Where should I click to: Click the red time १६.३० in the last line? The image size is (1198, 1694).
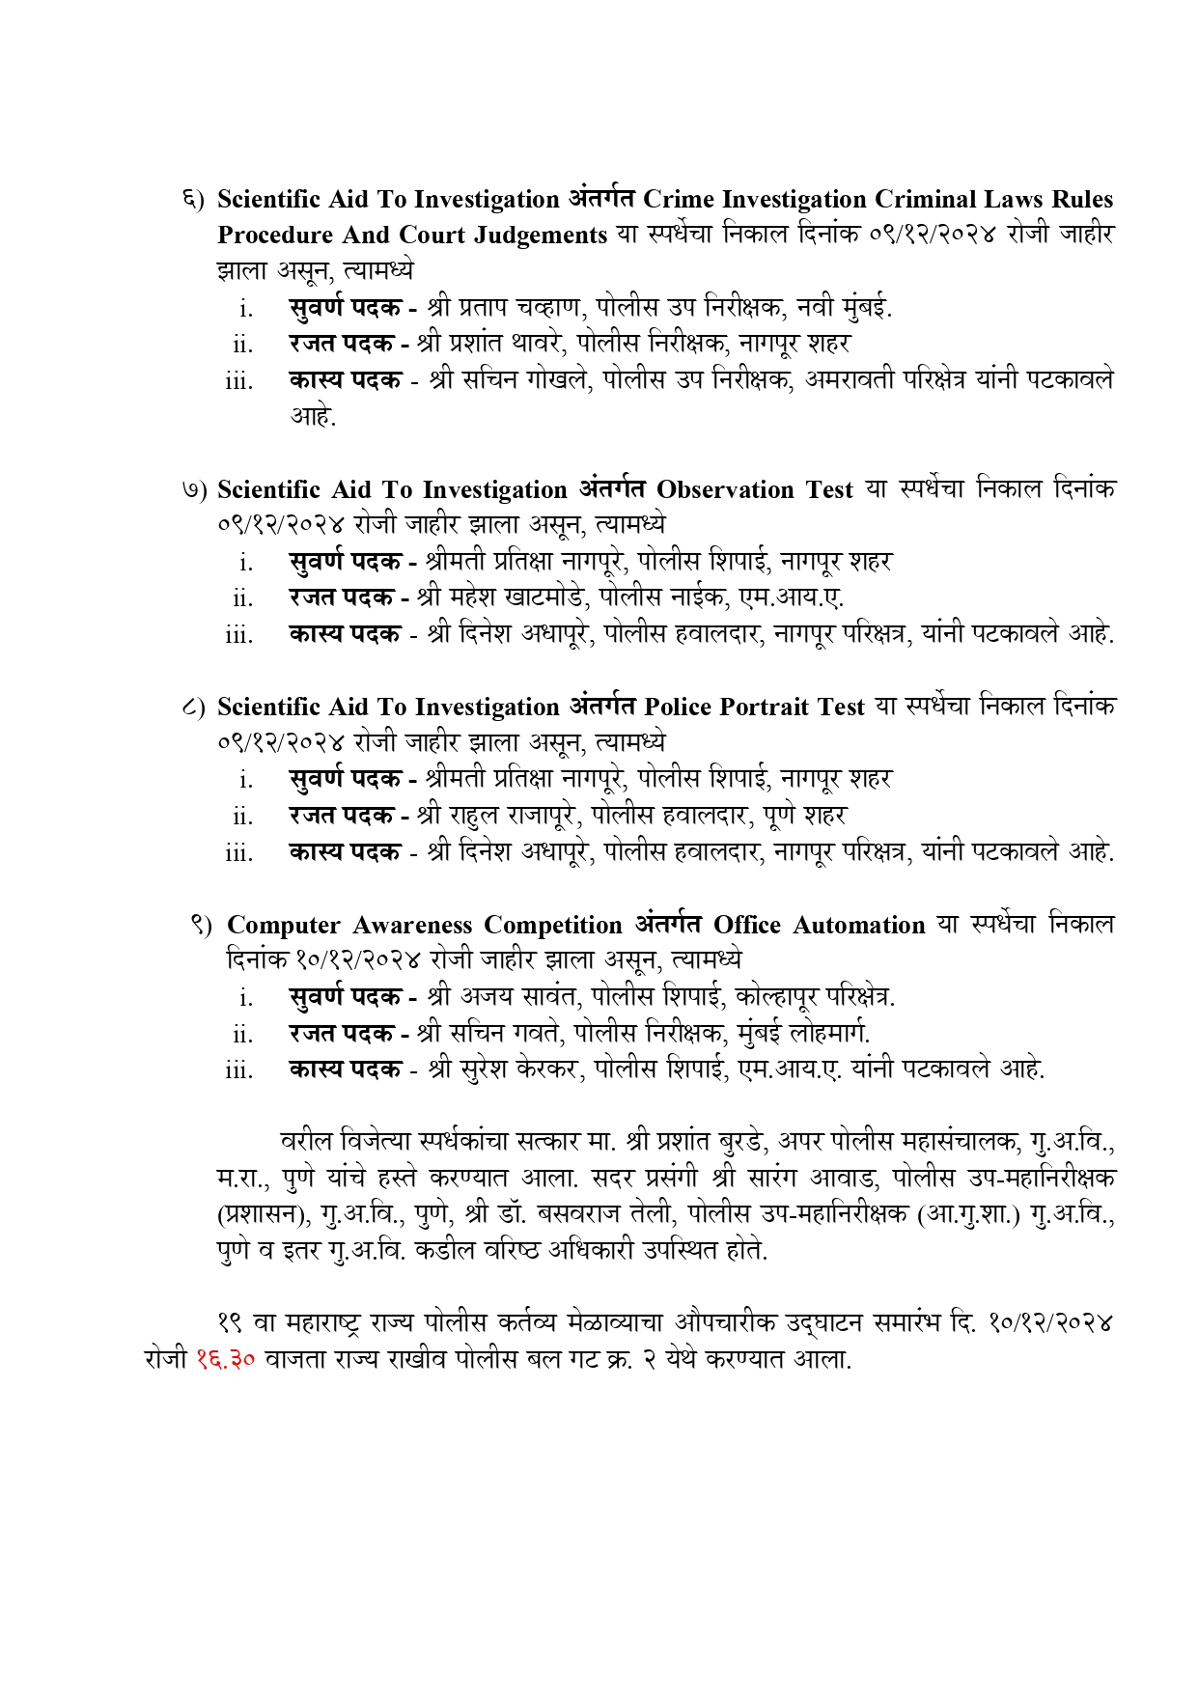pyautogui.click(x=225, y=1359)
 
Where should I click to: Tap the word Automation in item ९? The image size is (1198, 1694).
pyautogui.click(x=858, y=925)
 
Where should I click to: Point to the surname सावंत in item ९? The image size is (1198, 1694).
pyautogui.click(x=545, y=996)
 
